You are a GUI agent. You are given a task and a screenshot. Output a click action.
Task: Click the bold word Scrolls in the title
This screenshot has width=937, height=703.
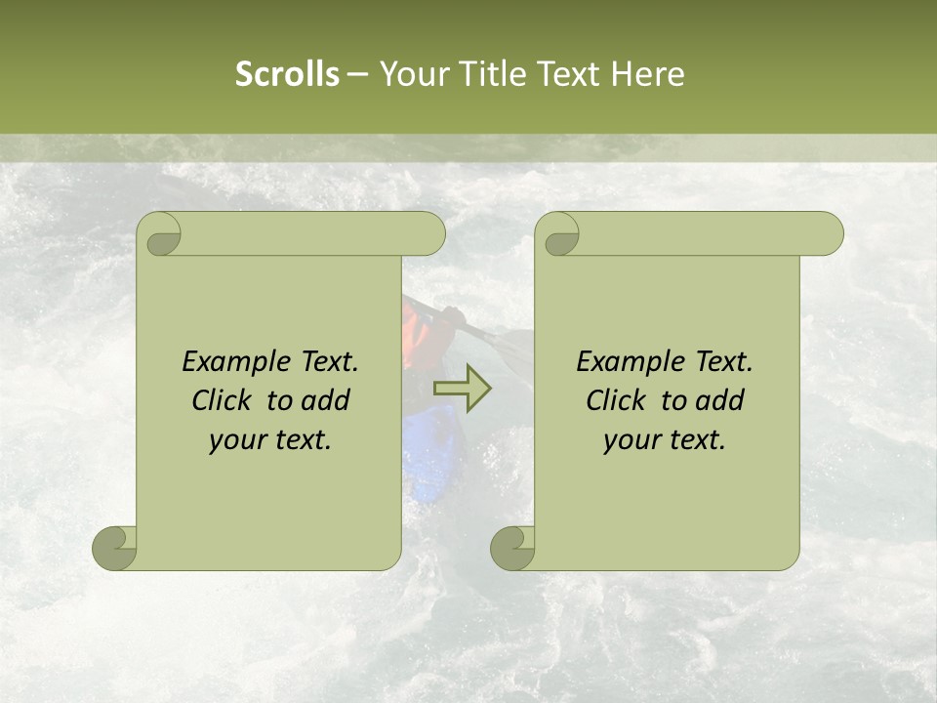point(287,74)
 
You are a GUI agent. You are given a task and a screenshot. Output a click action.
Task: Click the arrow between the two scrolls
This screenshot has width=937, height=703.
point(462,388)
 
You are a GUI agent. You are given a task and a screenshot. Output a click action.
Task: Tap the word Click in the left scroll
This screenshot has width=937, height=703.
point(224,400)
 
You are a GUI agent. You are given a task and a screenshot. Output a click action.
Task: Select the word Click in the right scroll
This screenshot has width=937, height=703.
point(617,400)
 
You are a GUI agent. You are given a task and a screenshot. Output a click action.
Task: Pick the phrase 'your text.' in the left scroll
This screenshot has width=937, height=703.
point(270,440)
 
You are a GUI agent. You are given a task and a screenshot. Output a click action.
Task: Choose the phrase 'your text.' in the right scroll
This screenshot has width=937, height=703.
point(665,440)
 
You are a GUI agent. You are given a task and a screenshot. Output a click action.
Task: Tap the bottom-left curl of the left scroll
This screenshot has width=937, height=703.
point(114,548)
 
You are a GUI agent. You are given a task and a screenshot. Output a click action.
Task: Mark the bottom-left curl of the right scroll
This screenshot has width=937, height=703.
point(512,548)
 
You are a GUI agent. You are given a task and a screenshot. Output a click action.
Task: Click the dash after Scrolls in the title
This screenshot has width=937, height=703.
point(358,75)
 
